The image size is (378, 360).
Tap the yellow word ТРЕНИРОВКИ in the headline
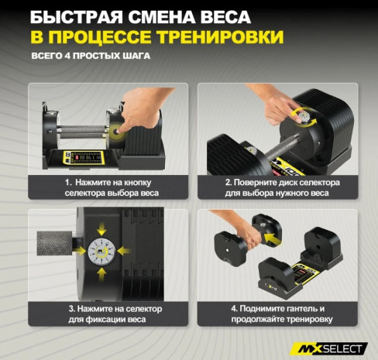[221, 37]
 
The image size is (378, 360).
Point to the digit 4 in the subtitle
[67, 56]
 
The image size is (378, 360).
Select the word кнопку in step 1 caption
[138, 183]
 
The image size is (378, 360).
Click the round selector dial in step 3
[101, 252]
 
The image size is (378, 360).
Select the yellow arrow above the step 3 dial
[101, 229]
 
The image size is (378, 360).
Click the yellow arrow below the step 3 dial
[101, 274]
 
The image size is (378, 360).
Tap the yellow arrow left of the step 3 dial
[80, 251]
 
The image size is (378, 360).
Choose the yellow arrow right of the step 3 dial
[124, 251]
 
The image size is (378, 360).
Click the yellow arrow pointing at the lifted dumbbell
[273, 238]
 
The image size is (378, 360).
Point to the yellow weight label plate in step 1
[84, 157]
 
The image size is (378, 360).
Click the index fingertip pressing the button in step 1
[119, 131]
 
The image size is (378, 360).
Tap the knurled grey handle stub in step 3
[54, 243]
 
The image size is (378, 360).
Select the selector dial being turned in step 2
[303, 116]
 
